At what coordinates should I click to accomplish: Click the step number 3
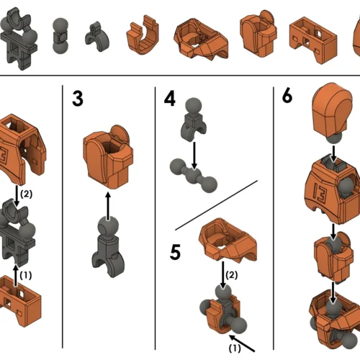click(78, 99)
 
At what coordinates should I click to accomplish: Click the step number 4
click(170, 99)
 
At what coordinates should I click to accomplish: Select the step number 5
click(175, 252)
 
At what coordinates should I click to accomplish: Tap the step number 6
click(287, 96)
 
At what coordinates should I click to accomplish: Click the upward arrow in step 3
click(108, 206)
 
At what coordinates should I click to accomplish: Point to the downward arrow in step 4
click(194, 156)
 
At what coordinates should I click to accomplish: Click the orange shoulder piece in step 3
click(108, 156)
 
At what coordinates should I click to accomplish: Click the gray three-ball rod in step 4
click(194, 176)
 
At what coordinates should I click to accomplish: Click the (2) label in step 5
click(232, 275)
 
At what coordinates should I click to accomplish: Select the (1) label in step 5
click(235, 348)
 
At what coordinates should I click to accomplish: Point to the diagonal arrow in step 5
click(242, 343)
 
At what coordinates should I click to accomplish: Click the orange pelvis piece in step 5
click(228, 240)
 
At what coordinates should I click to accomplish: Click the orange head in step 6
click(332, 109)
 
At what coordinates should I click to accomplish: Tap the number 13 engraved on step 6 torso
click(320, 194)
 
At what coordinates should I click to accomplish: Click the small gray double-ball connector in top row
click(60, 35)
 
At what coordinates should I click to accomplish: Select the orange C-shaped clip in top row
click(143, 35)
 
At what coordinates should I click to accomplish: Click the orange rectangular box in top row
click(313, 40)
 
